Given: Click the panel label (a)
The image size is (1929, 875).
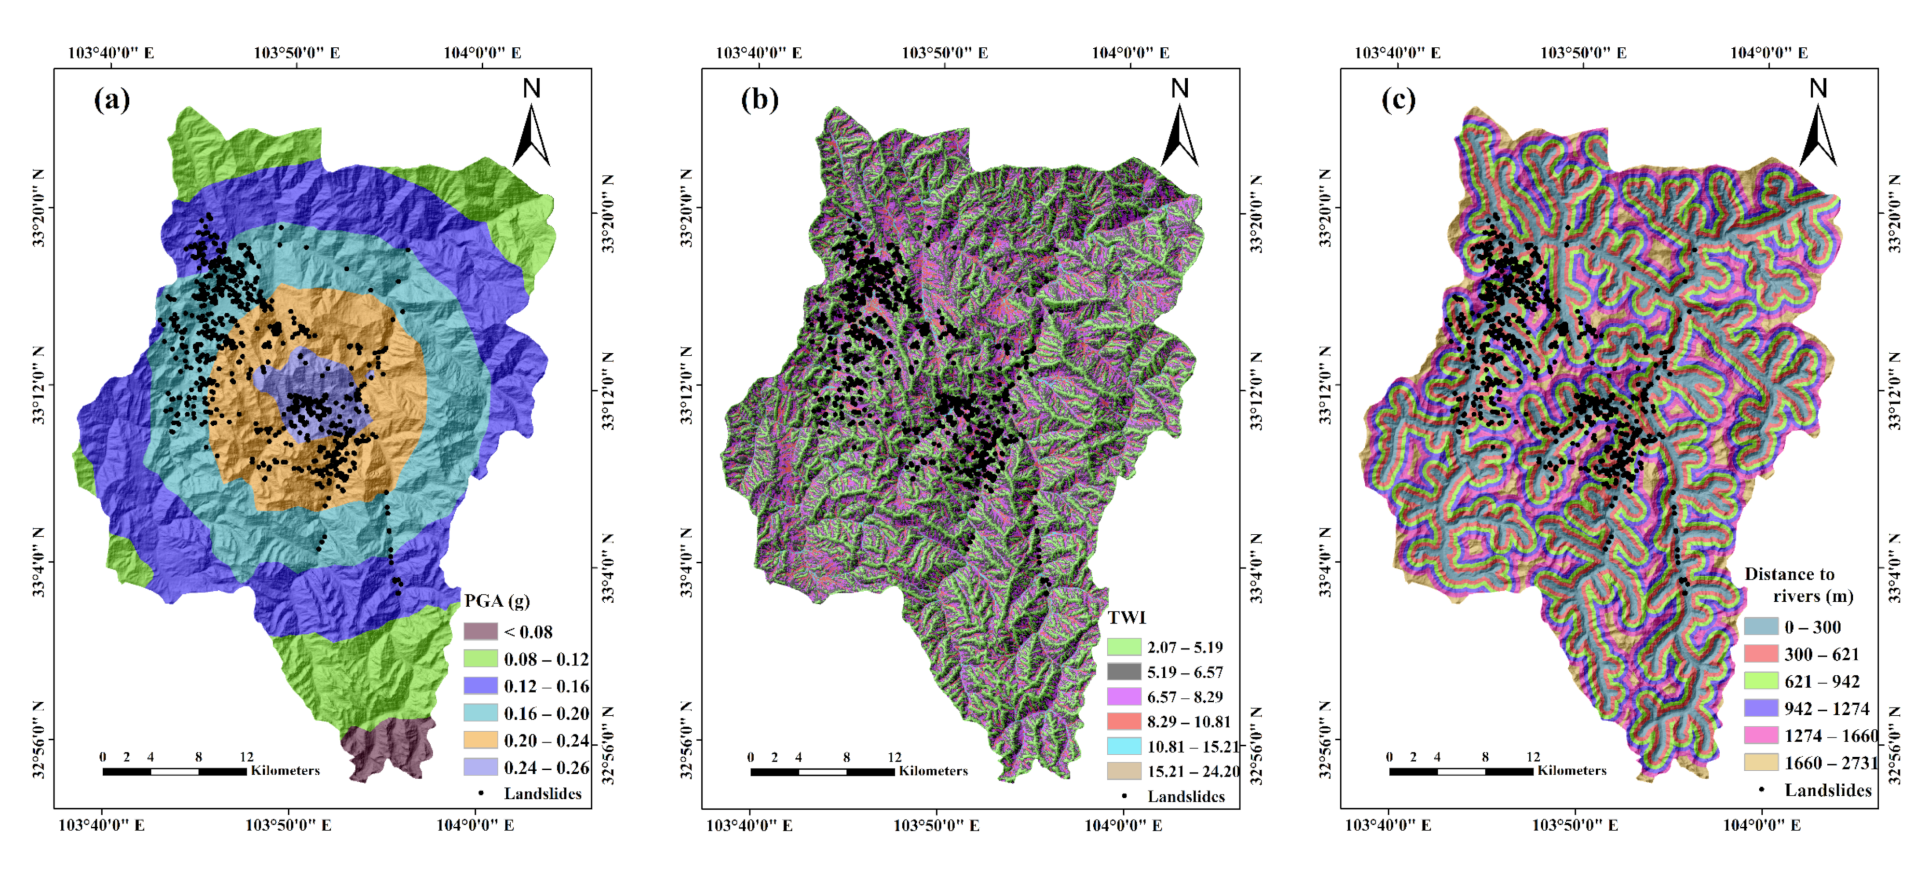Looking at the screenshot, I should (x=111, y=99).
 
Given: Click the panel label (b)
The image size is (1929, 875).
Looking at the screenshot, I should (x=760, y=99).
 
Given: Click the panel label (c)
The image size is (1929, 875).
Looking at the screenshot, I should (x=1398, y=99).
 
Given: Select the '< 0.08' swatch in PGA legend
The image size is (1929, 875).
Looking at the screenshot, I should (x=480, y=632).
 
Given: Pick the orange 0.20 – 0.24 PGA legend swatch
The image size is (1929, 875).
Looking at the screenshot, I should (x=480, y=740).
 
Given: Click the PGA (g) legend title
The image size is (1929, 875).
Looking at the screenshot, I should (x=497, y=601).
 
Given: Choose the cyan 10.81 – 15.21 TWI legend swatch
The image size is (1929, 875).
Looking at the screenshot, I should (x=1124, y=746).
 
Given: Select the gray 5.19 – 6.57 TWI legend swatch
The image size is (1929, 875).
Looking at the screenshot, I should (x=1124, y=672).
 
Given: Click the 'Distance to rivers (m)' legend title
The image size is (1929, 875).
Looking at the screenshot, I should (x=1797, y=585).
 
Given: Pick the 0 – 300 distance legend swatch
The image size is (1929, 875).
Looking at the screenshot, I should (x=1761, y=626).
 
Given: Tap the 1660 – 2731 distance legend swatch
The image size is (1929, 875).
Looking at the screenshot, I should (x=1761, y=763).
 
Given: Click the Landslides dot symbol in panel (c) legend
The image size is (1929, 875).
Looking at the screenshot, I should (x=1761, y=790).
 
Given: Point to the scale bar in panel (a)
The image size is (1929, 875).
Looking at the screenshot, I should (x=175, y=771).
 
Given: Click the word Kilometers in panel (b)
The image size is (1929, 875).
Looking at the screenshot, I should (x=933, y=771).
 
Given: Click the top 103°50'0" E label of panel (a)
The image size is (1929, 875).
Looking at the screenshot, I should (x=297, y=53).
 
